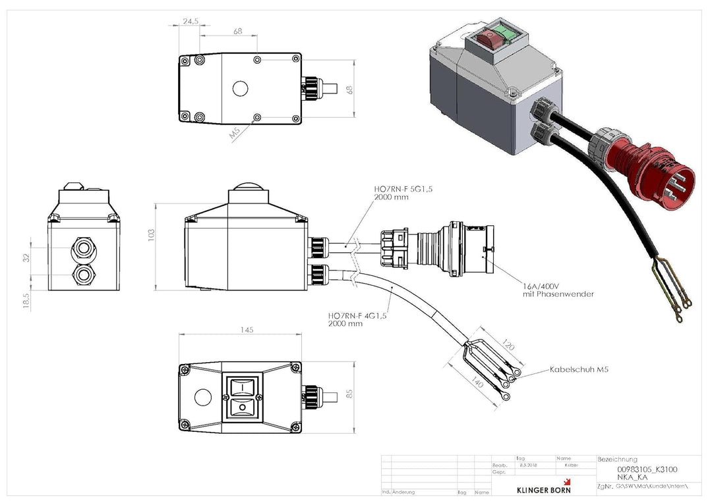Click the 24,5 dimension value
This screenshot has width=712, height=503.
tap(191, 21)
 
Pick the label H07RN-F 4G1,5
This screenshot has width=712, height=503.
tap(356, 315)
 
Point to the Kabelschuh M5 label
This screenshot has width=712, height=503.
tap(578, 370)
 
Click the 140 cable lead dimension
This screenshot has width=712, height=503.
tap(478, 384)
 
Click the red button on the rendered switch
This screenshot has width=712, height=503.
tap(489, 38)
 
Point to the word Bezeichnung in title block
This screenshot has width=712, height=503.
tap(617, 459)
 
